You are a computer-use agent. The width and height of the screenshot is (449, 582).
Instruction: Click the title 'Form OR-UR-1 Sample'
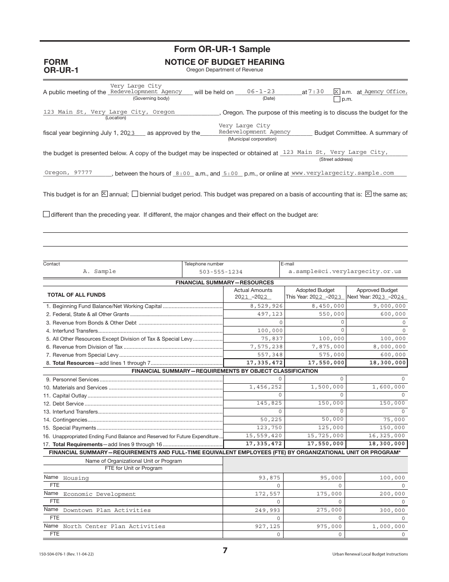[222, 49]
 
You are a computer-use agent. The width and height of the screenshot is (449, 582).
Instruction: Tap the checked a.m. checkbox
[337, 92]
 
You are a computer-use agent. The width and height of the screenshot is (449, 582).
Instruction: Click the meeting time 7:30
[316, 92]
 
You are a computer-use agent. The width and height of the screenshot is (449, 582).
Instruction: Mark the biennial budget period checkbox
[135, 194]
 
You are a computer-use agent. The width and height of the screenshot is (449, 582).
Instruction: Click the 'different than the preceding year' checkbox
[46, 214]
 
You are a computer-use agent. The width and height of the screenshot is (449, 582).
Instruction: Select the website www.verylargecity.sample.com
[343, 173]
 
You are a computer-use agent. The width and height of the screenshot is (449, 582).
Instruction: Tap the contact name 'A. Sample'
[99, 272]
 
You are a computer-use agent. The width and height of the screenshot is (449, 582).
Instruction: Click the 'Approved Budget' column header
[377, 290]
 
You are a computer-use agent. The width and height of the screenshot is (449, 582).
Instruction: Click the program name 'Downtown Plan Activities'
[107, 511]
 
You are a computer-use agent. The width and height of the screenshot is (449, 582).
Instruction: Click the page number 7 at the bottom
[225, 551]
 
